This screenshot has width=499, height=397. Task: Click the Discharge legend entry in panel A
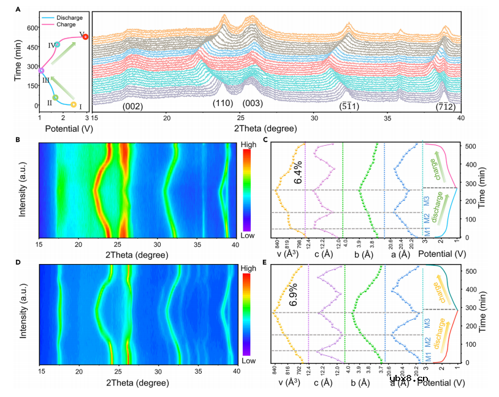tap(67, 17)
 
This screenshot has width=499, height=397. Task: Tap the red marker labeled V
tap(85, 37)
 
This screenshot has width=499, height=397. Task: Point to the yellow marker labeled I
tap(74, 104)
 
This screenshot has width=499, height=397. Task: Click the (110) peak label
tap(223, 103)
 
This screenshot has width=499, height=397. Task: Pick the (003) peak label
tap(253, 103)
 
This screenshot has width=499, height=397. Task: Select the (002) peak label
tap(133, 107)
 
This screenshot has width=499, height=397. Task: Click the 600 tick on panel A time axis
tap(28, 28)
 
